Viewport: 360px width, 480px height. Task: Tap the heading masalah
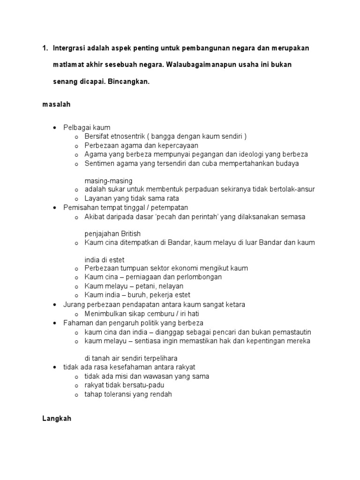tap(56, 105)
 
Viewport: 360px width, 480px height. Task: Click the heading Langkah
tap(56, 419)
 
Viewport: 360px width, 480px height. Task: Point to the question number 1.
tap(45, 48)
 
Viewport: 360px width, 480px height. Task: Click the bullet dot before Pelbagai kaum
tap(55, 127)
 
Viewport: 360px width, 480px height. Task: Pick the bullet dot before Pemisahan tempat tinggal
tap(55, 207)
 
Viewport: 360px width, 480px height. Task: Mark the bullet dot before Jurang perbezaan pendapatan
tap(55, 305)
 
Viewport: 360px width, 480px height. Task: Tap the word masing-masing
tap(108, 180)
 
